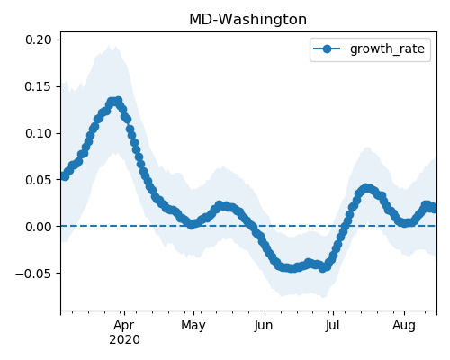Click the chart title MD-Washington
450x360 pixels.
(247, 20)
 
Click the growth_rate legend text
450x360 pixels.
(387, 49)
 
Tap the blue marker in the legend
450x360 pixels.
(327, 49)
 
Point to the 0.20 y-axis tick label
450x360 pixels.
(39, 40)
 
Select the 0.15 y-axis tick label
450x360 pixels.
(39, 86)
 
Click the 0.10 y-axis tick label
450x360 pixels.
(39, 133)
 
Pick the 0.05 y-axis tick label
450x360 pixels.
(39, 180)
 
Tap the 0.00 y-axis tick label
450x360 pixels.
(39, 227)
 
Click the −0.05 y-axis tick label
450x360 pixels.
(33, 274)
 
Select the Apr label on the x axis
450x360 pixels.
(124, 325)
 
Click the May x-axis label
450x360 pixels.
(193, 325)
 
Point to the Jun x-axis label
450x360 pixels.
(264, 325)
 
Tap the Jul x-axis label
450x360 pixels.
(333, 325)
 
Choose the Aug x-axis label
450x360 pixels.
(404, 325)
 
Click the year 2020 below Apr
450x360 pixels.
(124, 339)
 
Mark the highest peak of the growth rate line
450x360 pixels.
(119, 101)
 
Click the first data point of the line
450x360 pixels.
(65, 176)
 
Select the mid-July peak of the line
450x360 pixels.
(366, 188)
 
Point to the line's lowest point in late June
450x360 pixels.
(322, 268)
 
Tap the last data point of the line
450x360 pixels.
(434, 208)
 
